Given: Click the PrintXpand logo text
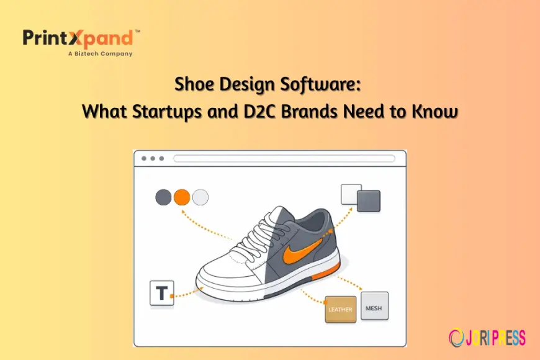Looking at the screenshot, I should pos(78,38).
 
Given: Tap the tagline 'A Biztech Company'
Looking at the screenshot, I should pos(99,54).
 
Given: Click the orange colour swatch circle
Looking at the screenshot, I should pos(182,197).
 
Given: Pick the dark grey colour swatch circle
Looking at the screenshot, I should pos(163,197).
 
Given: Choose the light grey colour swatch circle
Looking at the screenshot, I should pos(200,197).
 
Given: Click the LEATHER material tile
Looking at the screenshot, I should pos(340,308).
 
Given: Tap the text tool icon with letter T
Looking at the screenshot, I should pos(162,293).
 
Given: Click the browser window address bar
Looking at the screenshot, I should pos(284,159).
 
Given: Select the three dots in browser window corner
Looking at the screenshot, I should pos(151,159).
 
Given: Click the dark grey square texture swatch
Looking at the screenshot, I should pos(369,201).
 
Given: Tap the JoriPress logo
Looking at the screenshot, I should pos(487,337).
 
